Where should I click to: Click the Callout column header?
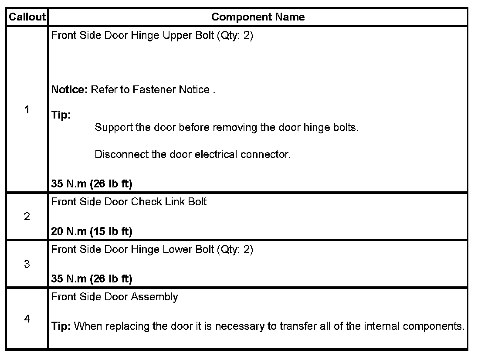click(x=27, y=17)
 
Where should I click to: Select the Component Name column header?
click(x=258, y=17)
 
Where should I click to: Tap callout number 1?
click(x=27, y=110)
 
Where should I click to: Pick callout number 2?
click(x=27, y=217)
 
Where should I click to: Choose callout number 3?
click(x=27, y=264)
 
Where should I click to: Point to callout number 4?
click(x=27, y=319)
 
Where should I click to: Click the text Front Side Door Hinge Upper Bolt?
click(x=132, y=35)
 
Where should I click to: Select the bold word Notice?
click(x=70, y=90)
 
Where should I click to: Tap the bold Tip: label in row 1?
click(x=61, y=115)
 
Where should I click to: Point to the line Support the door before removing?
click(x=226, y=128)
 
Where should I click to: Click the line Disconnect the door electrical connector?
click(x=192, y=155)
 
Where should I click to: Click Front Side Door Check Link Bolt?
click(x=129, y=202)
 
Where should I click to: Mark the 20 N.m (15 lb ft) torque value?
click(x=91, y=231)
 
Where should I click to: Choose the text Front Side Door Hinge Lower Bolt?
click(x=132, y=250)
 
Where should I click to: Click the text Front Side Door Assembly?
click(x=115, y=297)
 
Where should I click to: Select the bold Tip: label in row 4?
click(x=61, y=326)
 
